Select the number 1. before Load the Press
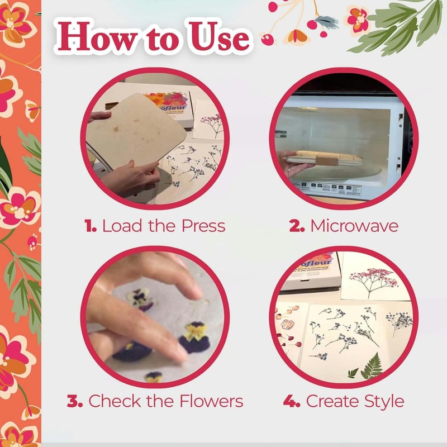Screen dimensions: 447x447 91,226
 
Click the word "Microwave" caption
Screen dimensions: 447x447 354,226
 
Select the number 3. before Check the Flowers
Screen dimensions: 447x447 75,401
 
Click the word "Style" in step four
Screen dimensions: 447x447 382,401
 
